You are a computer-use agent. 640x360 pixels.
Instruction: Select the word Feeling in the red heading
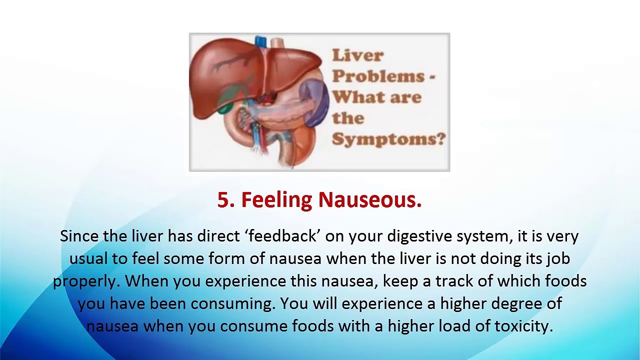click(x=276, y=200)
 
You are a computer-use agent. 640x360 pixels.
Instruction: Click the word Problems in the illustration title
click(x=378, y=76)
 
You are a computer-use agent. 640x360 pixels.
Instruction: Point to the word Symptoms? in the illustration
click(x=388, y=138)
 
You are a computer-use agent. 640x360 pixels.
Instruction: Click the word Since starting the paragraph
click(x=79, y=236)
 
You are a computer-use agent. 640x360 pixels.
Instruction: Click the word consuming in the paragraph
click(x=233, y=303)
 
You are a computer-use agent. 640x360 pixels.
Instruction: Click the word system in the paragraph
click(x=478, y=236)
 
